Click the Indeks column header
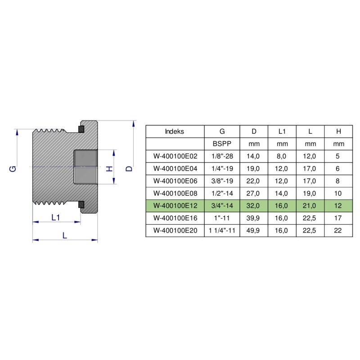[x=175, y=131]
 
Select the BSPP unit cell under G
[x=222, y=144]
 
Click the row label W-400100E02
[x=175, y=156]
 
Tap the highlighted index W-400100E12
[x=175, y=206]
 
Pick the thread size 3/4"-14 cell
[x=222, y=206]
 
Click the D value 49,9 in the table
[x=254, y=230]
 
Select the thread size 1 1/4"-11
[x=222, y=230]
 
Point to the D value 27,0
[x=254, y=193]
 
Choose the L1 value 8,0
[x=282, y=156]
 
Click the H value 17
[x=338, y=218]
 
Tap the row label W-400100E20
[x=175, y=230]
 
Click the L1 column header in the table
[x=282, y=131]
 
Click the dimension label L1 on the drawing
[x=56, y=217]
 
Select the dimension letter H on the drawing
[x=108, y=169]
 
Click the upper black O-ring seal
[x=81, y=130]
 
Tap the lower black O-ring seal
[x=81, y=205]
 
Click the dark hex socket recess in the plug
[x=85, y=167]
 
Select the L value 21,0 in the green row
[x=310, y=206]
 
